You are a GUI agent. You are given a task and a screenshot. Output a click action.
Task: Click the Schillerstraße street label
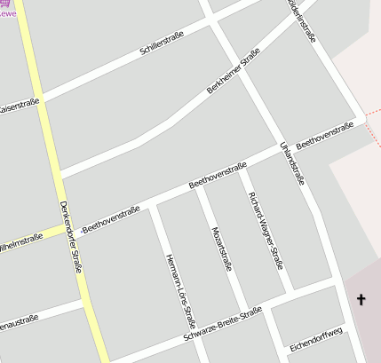click(162, 44)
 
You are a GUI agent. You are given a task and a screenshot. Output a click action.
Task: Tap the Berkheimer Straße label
click(234, 73)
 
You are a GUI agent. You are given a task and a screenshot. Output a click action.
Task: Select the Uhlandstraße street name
click(292, 163)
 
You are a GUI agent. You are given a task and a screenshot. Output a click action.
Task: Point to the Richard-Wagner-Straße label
click(266, 229)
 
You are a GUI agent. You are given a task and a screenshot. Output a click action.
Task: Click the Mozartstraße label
click(221, 249)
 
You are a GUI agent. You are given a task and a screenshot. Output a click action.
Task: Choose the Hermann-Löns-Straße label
click(180, 290)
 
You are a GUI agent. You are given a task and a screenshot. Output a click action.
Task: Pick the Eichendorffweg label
click(316, 339)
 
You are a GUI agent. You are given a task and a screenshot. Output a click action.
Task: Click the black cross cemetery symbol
click(361, 300)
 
